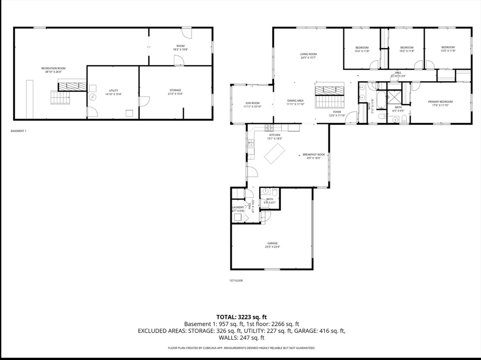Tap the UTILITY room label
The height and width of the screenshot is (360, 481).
point(113,91)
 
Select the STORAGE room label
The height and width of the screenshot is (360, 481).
point(175,90)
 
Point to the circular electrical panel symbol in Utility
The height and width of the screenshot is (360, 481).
point(93,98)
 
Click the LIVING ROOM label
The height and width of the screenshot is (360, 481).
point(308,54)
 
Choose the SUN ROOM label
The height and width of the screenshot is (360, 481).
point(252,103)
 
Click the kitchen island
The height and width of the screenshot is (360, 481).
point(275,153)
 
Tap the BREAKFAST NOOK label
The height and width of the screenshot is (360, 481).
point(314,154)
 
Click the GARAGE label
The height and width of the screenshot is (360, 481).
point(272,243)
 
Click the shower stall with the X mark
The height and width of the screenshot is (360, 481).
point(396,97)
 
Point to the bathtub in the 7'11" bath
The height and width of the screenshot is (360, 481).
point(381,100)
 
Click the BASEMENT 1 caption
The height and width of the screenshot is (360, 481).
point(19,131)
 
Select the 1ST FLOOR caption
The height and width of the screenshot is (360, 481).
point(236,280)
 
